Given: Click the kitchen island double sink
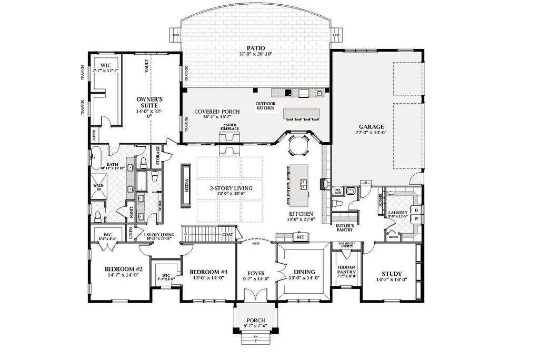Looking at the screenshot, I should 304,184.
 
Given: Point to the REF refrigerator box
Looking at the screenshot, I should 301,237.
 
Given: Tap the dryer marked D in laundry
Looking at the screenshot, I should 416,210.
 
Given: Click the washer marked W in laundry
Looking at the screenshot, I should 416,219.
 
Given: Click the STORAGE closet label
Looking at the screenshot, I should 157,156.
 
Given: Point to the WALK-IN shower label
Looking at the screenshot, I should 98,187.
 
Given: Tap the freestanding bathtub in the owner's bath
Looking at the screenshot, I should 96,156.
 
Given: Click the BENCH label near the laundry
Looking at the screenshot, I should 380,201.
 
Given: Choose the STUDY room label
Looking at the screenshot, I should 392,274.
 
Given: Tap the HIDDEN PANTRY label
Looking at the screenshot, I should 346,270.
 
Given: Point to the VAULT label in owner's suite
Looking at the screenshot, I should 147,65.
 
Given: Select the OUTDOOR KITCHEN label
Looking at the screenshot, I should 266,105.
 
